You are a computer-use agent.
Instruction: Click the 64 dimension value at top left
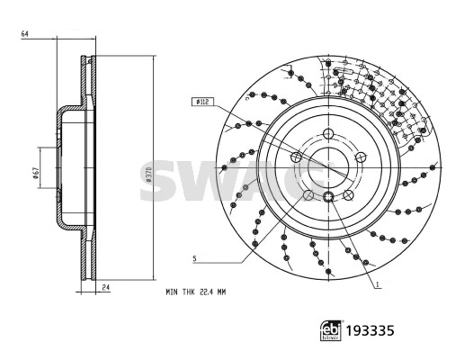point(24,34)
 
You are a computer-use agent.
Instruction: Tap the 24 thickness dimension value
point(105,287)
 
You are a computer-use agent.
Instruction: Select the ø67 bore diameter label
point(35,173)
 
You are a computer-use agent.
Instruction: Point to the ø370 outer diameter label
point(148,175)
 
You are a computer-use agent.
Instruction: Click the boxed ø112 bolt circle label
point(202,102)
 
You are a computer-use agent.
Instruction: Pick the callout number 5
point(194,258)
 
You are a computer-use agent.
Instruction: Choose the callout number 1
point(377,284)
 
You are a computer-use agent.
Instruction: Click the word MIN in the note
point(172,292)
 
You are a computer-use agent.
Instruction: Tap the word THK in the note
point(188,292)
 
